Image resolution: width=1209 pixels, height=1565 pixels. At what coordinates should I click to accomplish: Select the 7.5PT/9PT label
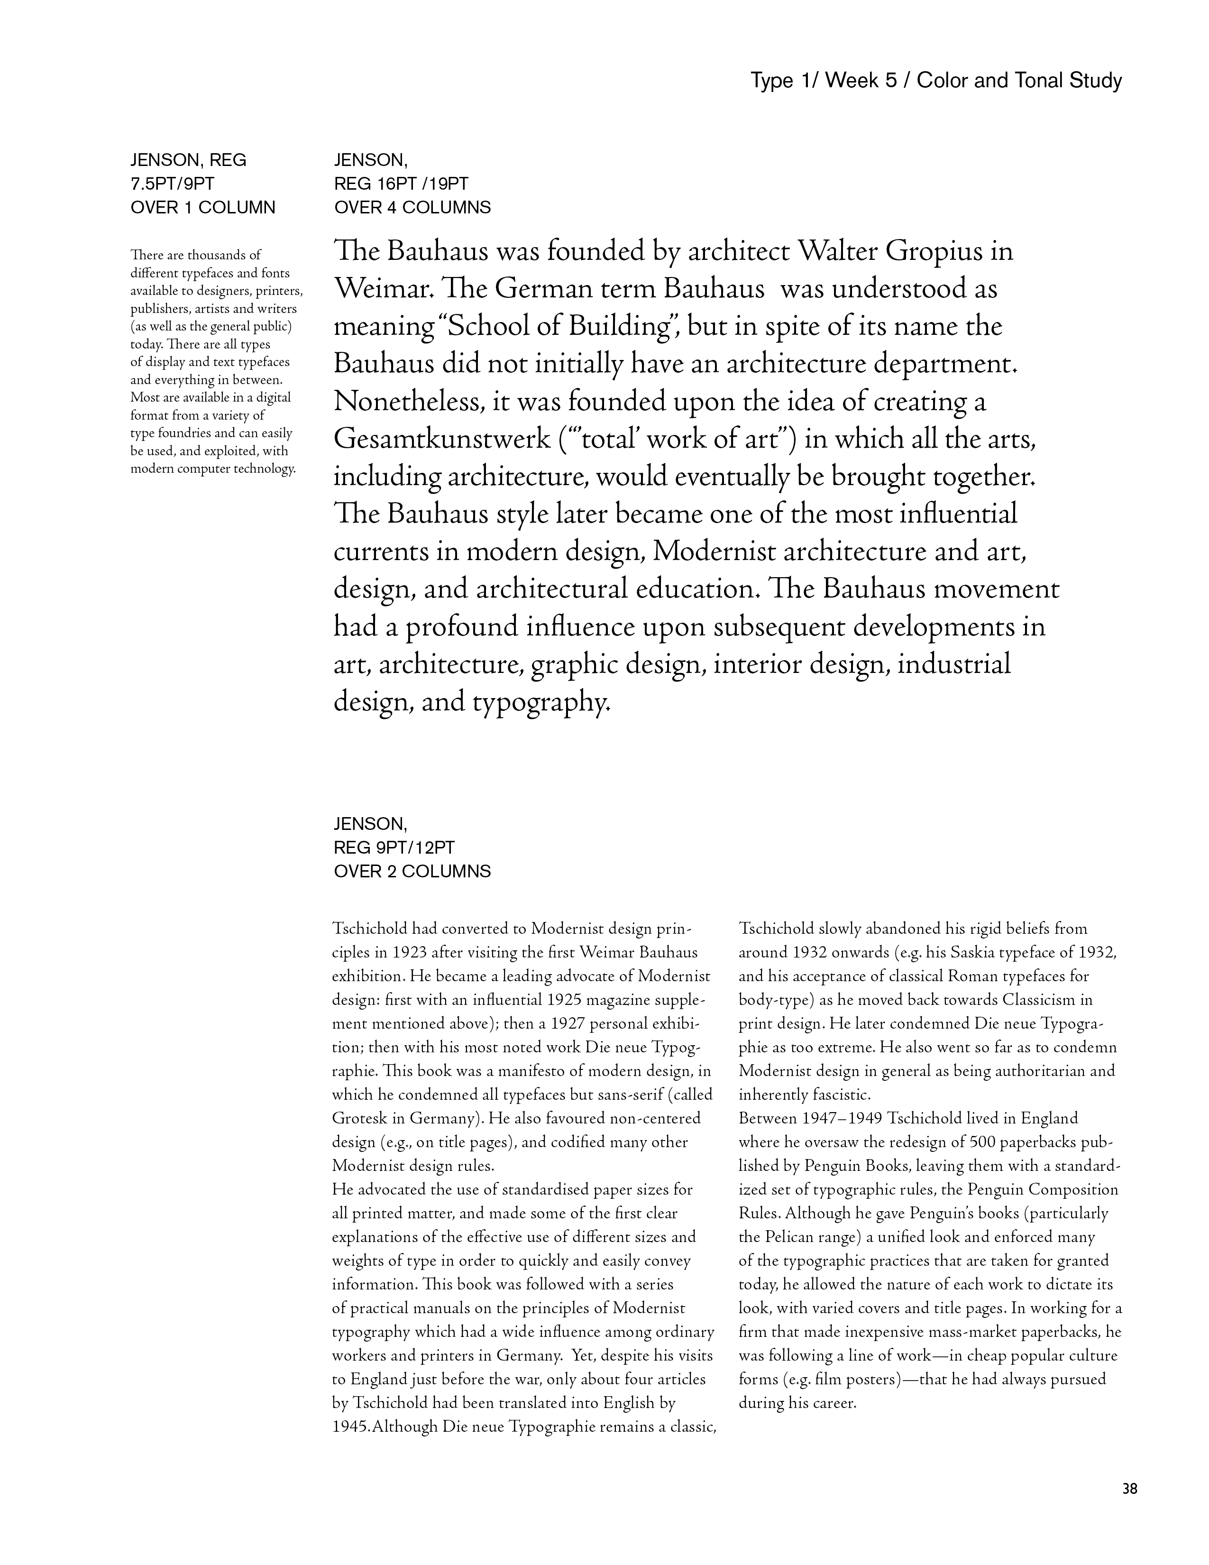(x=172, y=184)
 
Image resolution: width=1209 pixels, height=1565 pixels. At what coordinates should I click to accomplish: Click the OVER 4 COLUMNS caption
(x=412, y=208)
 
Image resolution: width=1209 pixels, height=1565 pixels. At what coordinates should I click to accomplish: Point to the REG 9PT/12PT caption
(x=394, y=848)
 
